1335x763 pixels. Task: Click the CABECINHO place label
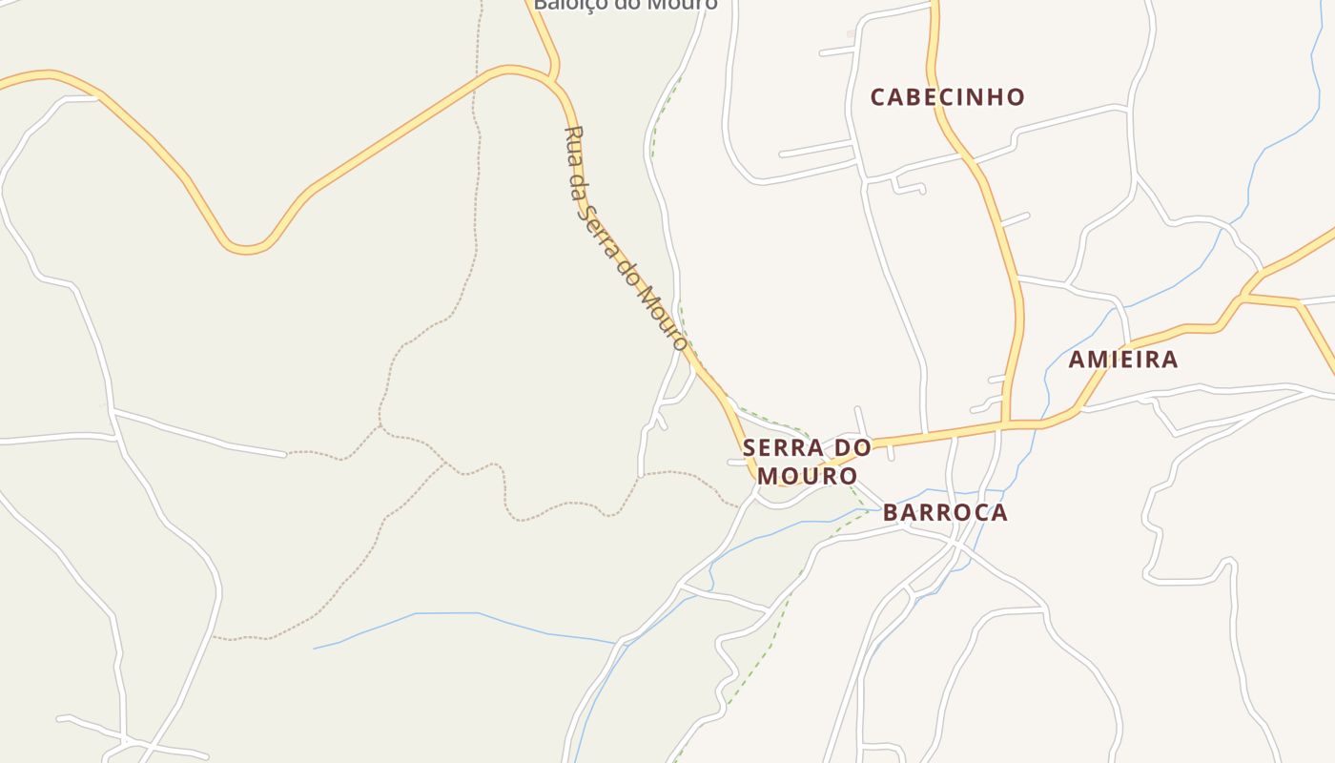[948, 97]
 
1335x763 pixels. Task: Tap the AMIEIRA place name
[1123, 360]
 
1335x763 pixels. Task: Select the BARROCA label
[945, 512]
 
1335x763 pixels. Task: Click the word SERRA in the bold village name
[776, 447]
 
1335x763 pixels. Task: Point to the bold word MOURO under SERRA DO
[807, 475]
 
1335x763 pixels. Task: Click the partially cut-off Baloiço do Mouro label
[625, 5]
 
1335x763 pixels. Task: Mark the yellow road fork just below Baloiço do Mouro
[553, 76]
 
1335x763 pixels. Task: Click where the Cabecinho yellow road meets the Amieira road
[1006, 423]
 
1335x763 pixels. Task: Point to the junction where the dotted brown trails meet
[380, 426]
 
